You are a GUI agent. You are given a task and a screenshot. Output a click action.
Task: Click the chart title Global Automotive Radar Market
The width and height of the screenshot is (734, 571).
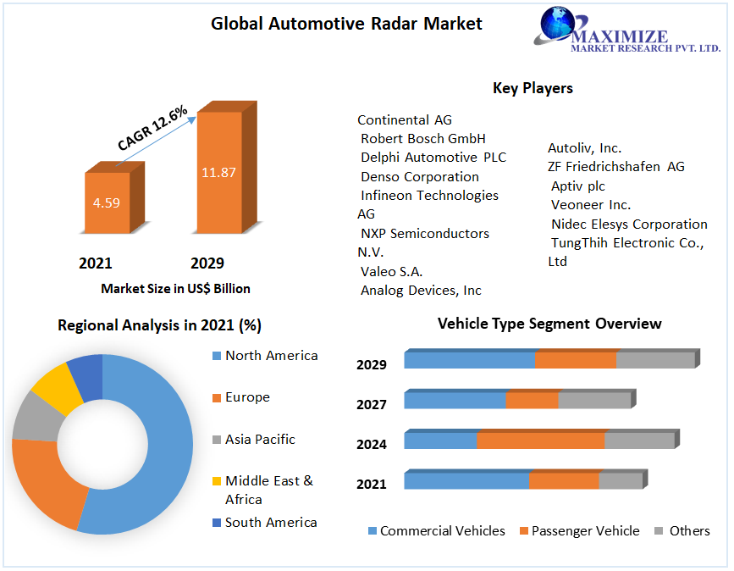coord(346,24)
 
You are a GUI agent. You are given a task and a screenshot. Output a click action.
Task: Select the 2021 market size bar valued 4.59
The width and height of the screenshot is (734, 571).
coord(107,203)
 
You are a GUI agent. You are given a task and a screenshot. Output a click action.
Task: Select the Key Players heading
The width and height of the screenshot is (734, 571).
coord(533,88)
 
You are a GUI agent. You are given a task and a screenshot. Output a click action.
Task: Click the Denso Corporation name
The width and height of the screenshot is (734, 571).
coord(420,177)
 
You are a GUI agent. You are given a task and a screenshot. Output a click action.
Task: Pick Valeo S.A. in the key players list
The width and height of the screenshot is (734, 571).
coord(391,272)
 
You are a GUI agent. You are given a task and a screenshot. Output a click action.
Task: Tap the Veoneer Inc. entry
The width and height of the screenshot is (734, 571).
coord(591,205)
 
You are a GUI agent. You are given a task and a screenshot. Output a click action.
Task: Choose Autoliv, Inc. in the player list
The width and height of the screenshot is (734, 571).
coord(584,148)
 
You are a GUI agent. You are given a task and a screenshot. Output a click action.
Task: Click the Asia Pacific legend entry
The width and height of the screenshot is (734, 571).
coord(260,440)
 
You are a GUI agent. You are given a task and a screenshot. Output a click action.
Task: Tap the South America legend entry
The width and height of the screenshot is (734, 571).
coord(270,523)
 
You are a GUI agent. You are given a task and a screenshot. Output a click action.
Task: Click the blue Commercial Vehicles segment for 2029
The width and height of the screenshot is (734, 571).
coord(469,360)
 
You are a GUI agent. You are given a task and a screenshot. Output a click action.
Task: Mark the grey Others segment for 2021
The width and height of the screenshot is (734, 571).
coord(620,481)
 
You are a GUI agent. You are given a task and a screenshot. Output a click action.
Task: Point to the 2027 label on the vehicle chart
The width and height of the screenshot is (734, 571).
coord(372,405)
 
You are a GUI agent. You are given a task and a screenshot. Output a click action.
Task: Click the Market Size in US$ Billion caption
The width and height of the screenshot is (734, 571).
coord(175,289)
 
